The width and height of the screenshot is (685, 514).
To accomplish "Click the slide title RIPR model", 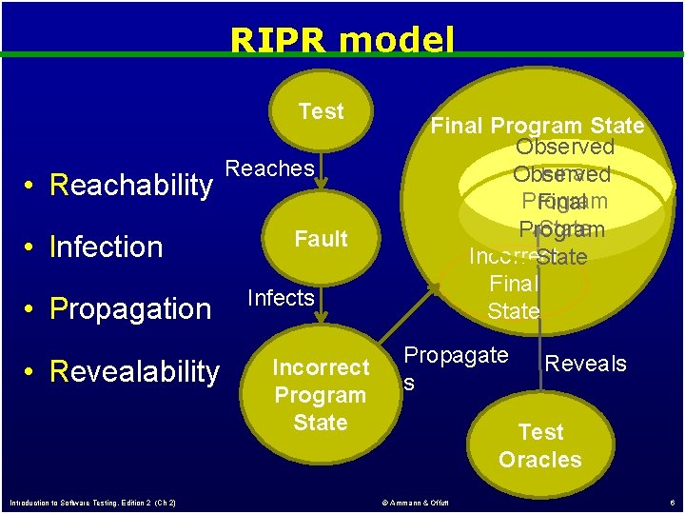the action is coord(342,40).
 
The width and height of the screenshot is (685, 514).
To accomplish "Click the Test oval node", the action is coord(321,112).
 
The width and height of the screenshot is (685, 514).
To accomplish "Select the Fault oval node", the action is coord(321,238).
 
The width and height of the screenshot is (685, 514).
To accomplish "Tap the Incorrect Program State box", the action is coord(321,394).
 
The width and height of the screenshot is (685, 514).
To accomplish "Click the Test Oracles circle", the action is coord(540,445).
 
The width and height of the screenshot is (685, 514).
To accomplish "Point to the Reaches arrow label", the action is coord(269,168).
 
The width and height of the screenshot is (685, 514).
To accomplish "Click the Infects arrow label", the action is coord(280,298).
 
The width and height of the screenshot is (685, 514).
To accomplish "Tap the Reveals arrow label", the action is coord(585,363).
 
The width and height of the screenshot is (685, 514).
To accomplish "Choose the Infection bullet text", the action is coord(106,247).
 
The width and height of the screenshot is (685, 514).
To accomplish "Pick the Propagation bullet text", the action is coord(130,309).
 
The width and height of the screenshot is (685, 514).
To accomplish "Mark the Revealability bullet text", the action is coord(134,371).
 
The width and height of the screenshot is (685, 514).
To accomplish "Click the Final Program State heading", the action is coord(538,126).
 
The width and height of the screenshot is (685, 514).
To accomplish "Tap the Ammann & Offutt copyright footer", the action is coord(415,502).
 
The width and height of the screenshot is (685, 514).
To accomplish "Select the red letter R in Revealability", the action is coord(59,371).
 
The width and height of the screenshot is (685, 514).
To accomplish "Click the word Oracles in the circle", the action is coord(540,460).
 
